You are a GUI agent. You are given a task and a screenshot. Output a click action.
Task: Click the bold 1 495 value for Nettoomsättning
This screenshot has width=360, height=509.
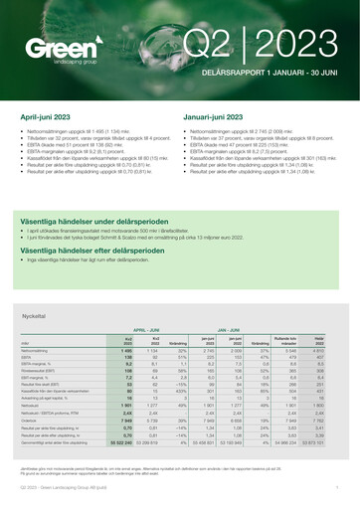pos(126,351)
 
